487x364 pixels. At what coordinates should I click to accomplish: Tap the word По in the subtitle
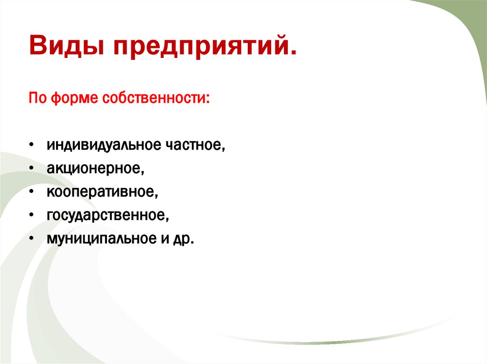point(37,99)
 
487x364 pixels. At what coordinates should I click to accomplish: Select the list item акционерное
point(95,168)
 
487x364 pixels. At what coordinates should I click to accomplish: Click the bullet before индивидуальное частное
point(31,145)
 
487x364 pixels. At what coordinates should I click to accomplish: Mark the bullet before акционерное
point(31,168)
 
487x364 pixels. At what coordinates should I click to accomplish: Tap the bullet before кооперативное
point(31,192)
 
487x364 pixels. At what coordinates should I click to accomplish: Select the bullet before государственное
point(31,215)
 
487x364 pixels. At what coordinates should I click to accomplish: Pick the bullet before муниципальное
point(31,239)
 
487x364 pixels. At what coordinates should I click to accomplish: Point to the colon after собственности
point(208,101)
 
